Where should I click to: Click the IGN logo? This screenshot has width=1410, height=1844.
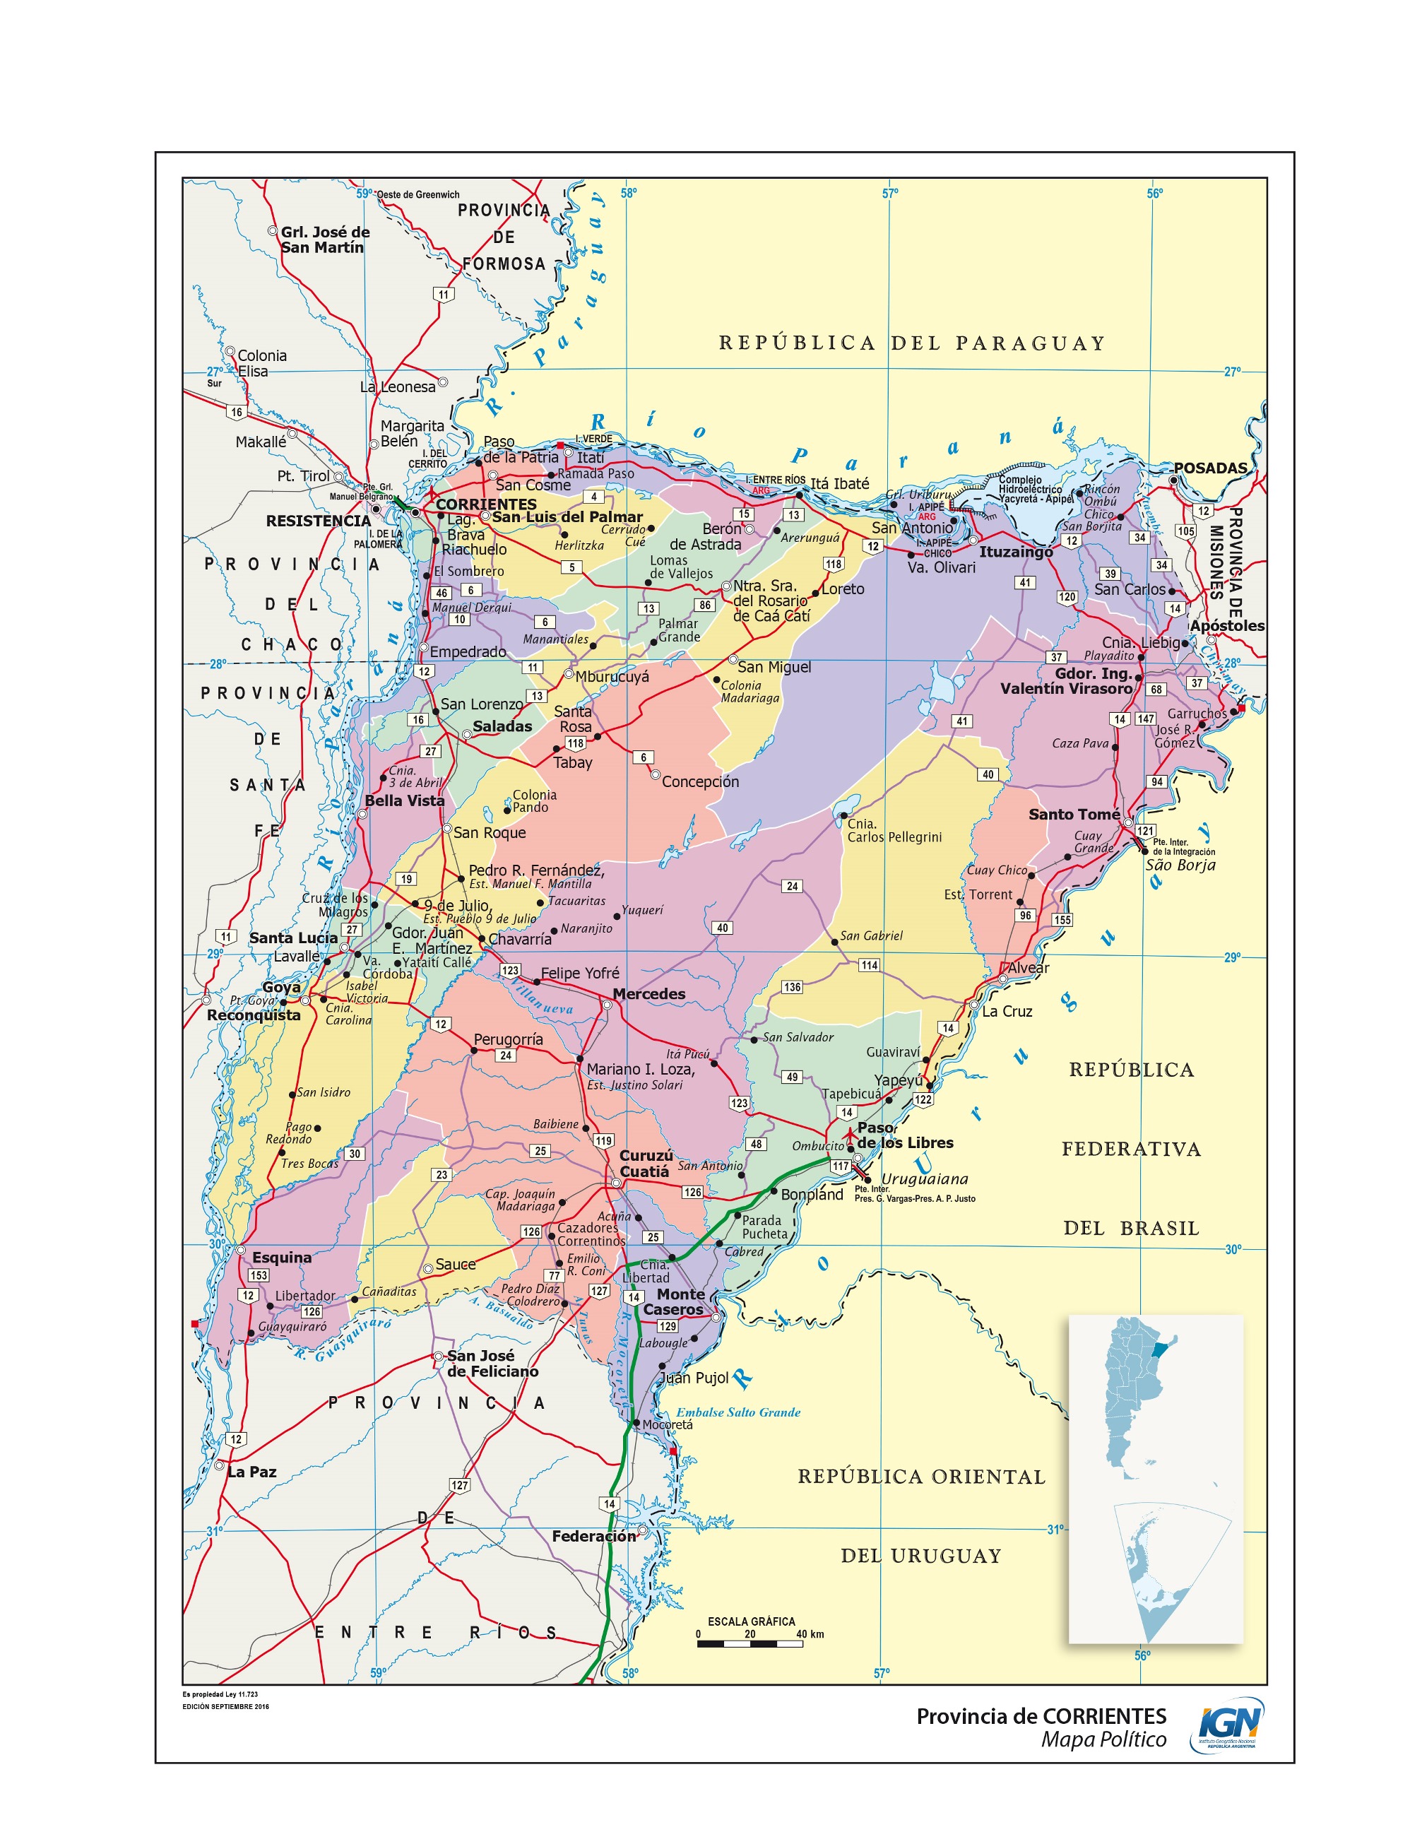tap(1227, 1725)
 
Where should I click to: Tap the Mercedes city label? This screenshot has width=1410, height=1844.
tap(648, 994)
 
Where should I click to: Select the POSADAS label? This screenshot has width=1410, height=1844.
tap(1210, 468)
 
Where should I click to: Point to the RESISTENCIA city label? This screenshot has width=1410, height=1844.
tap(318, 521)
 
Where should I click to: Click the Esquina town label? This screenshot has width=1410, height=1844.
tap(281, 1258)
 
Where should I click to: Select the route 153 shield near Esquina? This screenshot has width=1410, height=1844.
tap(259, 1275)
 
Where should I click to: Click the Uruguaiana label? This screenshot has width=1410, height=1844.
tap(924, 1179)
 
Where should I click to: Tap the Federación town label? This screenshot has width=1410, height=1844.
tap(594, 1536)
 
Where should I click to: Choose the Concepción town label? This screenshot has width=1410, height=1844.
tap(700, 781)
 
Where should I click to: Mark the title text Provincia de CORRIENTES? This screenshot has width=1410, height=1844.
tap(1041, 1716)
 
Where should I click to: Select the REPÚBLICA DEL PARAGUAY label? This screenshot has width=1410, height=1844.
tap(911, 343)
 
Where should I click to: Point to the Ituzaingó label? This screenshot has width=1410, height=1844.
tap(1016, 552)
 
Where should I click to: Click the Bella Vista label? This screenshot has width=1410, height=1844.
tap(405, 800)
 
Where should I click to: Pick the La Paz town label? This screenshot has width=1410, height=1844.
tap(251, 1472)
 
